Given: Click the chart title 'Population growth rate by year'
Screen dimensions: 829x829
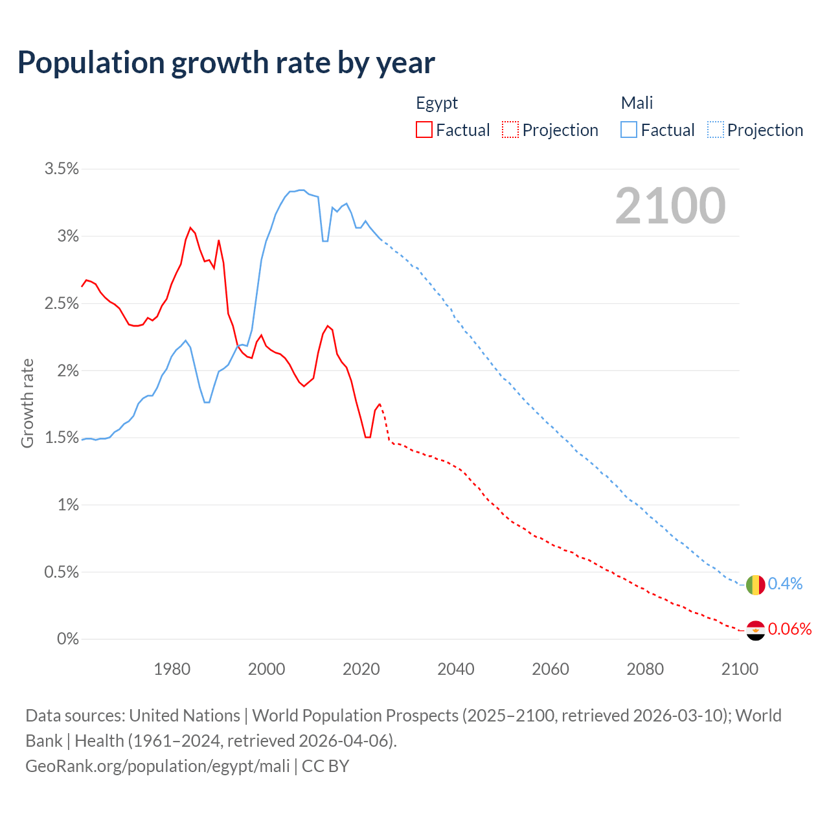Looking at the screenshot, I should [x=226, y=63].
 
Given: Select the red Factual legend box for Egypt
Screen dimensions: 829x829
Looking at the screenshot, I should [x=424, y=130].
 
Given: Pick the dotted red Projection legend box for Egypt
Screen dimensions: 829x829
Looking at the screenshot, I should [x=510, y=130].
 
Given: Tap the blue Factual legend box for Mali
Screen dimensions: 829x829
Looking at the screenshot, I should [x=629, y=130].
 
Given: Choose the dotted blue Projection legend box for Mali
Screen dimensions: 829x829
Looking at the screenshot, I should [x=716, y=130].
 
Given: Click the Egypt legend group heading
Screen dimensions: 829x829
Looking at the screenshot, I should [x=437, y=103].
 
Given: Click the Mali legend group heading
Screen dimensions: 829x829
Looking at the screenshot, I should [x=637, y=103].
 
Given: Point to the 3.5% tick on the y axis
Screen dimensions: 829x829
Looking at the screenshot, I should [x=62, y=169].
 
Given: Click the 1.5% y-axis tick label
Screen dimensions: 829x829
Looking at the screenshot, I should [x=62, y=438].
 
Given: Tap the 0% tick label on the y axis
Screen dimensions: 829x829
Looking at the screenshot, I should [x=68, y=639].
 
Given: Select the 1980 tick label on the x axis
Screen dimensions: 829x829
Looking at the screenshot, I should [x=172, y=669].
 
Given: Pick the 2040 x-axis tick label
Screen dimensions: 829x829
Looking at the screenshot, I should [x=456, y=669].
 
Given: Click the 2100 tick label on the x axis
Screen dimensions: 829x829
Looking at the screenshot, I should [x=740, y=669].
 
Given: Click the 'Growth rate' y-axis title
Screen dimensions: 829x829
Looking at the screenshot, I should [x=27, y=403].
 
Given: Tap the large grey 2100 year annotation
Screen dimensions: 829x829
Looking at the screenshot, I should [x=670, y=206].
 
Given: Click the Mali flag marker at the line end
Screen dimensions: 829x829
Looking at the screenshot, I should [x=755, y=585].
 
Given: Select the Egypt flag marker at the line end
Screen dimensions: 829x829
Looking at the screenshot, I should [x=755, y=630].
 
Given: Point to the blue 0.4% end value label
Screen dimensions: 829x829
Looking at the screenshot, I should [x=785, y=584].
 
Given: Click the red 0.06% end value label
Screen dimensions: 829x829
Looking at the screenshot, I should [x=789, y=629].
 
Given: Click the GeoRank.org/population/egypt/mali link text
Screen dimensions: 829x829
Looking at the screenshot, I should [x=157, y=766].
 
